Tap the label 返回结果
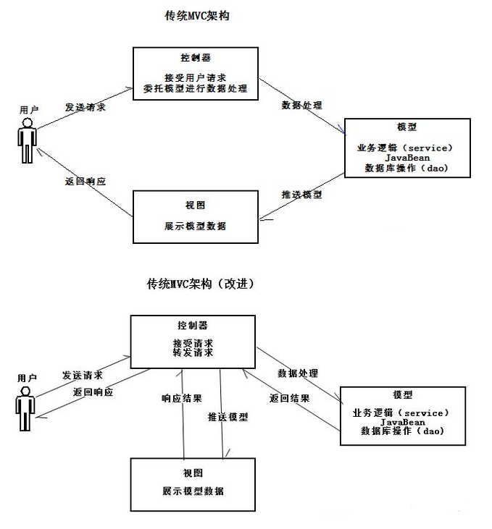[289, 398]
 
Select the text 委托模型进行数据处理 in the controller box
[195, 89]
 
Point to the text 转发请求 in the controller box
[192, 352]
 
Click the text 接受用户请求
[195, 77]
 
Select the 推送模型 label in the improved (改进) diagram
[228, 417]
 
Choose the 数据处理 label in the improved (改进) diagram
[298, 373]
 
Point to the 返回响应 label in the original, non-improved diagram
[85, 182]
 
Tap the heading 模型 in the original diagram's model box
[408, 127]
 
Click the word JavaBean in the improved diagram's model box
[402, 421]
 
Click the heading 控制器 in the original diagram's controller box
[195, 58]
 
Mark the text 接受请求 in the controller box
[192, 342]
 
